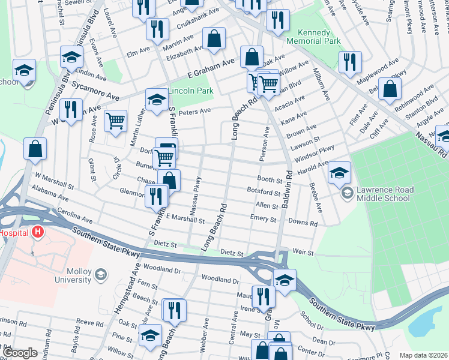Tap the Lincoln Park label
point(190,91)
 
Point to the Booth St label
point(270,179)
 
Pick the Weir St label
point(303,253)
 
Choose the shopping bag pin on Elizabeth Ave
point(214,39)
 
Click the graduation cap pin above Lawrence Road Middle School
point(339,173)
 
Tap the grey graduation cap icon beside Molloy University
point(101,275)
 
